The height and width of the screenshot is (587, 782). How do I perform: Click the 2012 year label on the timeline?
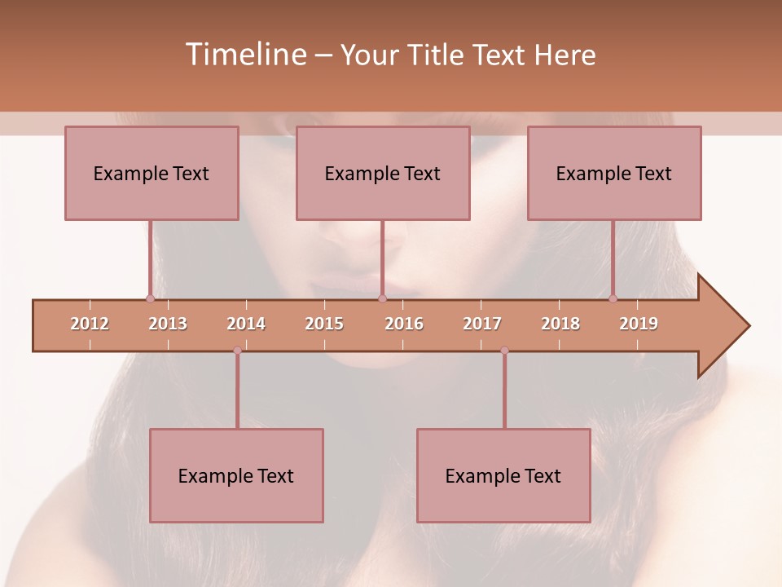point(90,324)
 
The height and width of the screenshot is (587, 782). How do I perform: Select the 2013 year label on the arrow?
point(168,324)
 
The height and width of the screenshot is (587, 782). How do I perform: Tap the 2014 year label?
point(246,324)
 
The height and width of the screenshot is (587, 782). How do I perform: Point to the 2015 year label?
point(324,324)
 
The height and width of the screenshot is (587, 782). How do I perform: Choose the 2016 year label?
point(404,324)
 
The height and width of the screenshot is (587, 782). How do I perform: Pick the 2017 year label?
point(482,324)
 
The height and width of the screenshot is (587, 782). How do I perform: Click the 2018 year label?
point(560,324)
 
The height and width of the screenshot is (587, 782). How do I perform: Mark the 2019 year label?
point(639,324)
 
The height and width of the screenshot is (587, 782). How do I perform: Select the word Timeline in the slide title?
point(244,55)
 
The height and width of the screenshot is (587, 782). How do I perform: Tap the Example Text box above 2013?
point(152,173)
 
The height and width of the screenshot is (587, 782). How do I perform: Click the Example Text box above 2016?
point(383,173)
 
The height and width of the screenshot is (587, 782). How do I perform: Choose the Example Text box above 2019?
point(614,173)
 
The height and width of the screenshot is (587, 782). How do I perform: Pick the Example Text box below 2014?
point(236,475)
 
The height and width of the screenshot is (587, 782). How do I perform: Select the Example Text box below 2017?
point(503,475)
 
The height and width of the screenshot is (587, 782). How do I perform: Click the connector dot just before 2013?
point(150,298)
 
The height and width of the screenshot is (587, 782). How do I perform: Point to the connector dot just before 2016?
point(382,298)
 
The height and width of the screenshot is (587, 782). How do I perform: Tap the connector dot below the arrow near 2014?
point(237,351)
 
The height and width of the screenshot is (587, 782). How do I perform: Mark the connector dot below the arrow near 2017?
point(504,351)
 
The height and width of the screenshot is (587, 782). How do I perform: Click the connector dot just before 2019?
point(613,298)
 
